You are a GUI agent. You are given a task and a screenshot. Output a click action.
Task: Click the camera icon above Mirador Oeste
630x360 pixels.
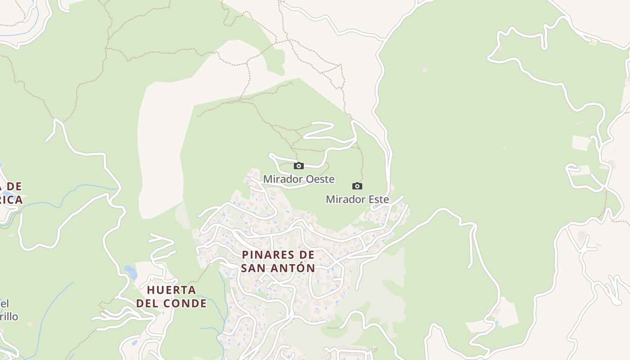click(x=299, y=166)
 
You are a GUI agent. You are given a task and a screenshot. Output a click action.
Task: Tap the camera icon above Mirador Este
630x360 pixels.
click(x=357, y=186)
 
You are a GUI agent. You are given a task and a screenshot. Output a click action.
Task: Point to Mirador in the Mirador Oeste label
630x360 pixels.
click(x=283, y=179)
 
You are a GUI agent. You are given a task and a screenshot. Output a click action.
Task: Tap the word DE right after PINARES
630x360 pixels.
click(x=306, y=255)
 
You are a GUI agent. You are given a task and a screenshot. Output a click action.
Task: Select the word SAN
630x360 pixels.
click(x=254, y=268)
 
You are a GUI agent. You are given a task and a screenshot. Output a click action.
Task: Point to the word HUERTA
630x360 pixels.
click(x=171, y=290)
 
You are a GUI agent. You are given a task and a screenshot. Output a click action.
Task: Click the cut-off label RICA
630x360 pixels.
click(x=11, y=200)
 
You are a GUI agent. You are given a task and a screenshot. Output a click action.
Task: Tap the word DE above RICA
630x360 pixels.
click(x=14, y=186)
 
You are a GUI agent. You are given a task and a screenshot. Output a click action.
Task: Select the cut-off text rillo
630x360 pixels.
click(x=9, y=316)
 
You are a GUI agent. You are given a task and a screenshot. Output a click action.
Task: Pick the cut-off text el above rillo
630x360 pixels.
click(x=4, y=303)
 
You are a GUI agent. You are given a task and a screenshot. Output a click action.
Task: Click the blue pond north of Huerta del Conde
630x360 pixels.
click(x=130, y=271)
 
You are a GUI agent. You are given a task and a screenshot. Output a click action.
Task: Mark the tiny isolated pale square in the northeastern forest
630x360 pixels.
click(x=424, y=70)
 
